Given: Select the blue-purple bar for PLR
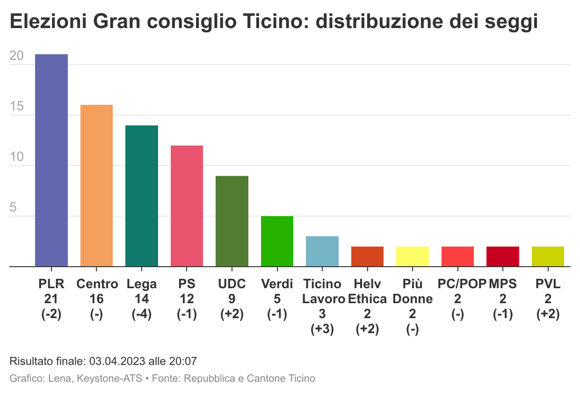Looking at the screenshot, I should point(51,160).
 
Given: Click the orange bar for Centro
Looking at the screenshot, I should point(96,186).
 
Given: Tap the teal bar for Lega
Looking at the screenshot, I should point(142,196).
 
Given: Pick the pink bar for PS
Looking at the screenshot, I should point(187,206).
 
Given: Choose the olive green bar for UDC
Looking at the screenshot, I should point(232,221).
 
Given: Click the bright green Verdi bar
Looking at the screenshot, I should point(277,241).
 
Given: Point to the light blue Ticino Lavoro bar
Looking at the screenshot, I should point(322,251).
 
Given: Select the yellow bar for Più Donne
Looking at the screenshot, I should point(413,256).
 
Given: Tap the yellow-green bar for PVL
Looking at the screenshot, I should point(548,256).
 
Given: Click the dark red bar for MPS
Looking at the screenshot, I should point(503,256).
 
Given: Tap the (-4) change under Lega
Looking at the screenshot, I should point(142,314).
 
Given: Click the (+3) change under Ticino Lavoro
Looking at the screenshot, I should point(322,329).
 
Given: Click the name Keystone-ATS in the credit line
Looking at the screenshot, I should point(114,378).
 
